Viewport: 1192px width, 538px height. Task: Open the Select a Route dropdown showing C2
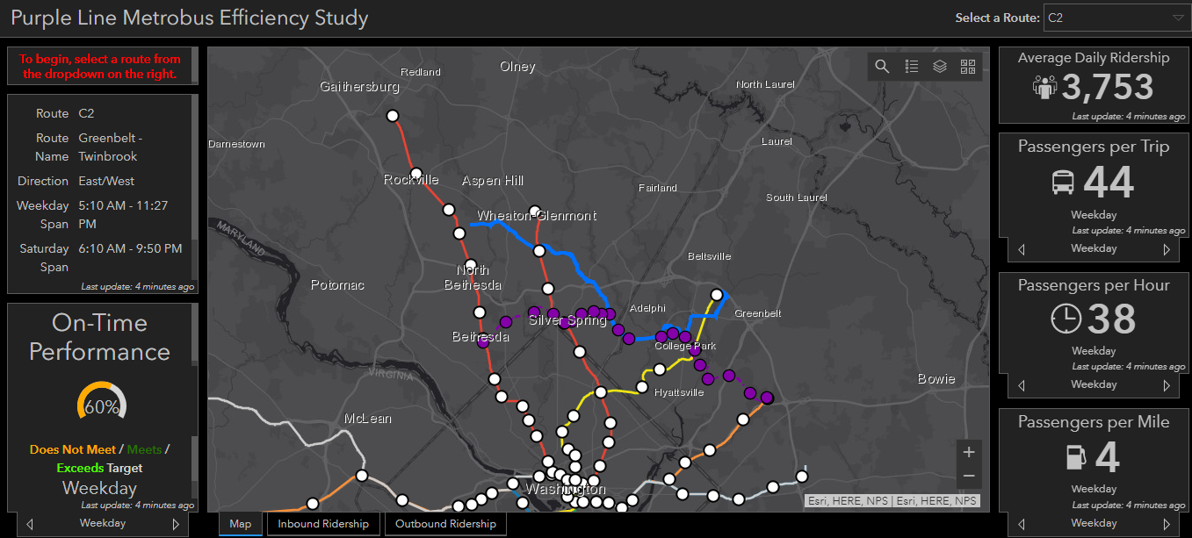pyautogui.click(x=1116, y=18)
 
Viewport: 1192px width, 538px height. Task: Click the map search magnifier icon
pyautogui.click(x=882, y=67)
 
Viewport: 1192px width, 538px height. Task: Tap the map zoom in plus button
pyautogui.click(x=969, y=452)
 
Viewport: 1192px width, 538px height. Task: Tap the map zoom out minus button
pyautogui.click(x=969, y=476)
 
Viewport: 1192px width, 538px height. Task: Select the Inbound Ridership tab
pyautogui.click(x=323, y=524)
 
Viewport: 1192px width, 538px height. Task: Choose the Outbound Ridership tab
pyautogui.click(x=445, y=524)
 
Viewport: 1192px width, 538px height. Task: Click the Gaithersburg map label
pyautogui.click(x=359, y=87)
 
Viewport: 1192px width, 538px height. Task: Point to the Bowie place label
pyautogui.click(x=936, y=379)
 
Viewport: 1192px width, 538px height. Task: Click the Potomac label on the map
pyautogui.click(x=337, y=285)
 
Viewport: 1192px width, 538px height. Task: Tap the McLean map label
pyautogui.click(x=368, y=419)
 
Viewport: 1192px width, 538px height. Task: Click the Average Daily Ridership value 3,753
pyautogui.click(x=1107, y=87)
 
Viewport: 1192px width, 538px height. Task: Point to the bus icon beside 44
pyautogui.click(x=1063, y=183)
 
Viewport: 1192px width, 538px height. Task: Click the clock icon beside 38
pyautogui.click(x=1066, y=319)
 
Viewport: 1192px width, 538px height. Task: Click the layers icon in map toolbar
pyautogui.click(x=940, y=67)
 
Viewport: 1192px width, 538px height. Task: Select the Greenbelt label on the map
pyautogui.click(x=752, y=313)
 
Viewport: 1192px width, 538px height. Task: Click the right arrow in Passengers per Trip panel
pyautogui.click(x=1167, y=249)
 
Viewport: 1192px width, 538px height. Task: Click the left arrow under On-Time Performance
pyautogui.click(x=30, y=524)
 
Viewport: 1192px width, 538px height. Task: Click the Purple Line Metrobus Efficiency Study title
pyautogui.click(x=190, y=18)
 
